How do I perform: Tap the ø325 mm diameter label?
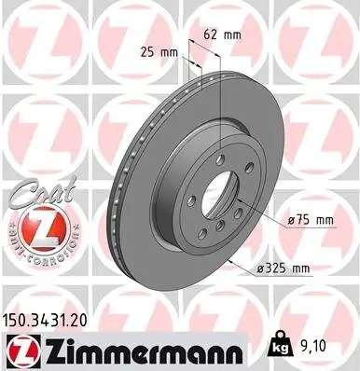point(284,268)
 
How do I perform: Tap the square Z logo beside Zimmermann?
point(19,349)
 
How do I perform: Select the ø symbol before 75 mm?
point(292,220)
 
